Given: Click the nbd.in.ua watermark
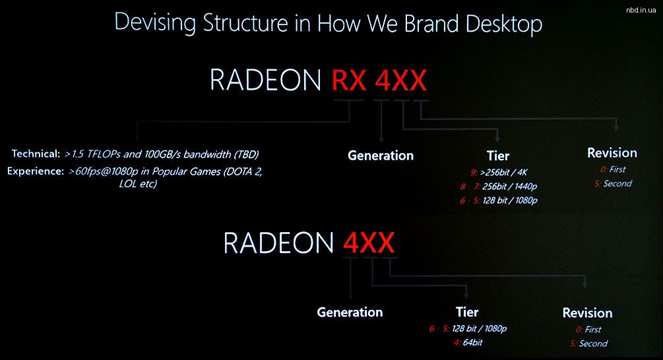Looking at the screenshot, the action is [641, 10].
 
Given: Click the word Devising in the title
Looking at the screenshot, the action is [155, 22].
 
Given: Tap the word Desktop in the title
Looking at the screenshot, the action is [503, 24].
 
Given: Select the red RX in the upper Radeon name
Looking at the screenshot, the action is [349, 80].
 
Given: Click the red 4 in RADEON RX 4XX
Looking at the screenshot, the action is [383, 80].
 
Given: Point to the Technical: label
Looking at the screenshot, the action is [36, 154].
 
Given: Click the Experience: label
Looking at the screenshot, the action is [36, 171].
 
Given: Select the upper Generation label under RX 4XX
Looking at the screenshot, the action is [381, 156].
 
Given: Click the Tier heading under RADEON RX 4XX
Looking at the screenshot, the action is [498, 156].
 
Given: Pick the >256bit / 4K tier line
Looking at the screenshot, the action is [504, 172].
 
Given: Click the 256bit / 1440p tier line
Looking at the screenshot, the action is [509, 187].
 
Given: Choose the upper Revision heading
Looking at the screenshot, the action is [612, 153].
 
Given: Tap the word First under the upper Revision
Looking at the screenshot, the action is [617, 169].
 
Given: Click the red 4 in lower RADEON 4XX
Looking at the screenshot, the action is [351, 243].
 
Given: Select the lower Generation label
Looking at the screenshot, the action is [350, 313].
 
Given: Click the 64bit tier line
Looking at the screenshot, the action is [472, 342].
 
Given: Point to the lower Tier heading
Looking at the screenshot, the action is [467, 313].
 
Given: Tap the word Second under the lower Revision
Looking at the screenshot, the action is [593, 344].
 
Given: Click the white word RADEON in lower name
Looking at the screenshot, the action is [278, 243].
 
